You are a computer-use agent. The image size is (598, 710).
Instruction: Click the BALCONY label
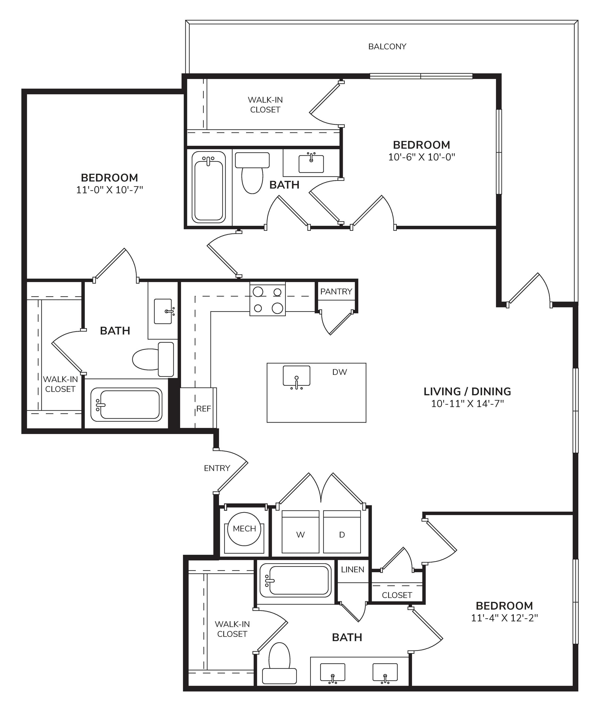[387, 46]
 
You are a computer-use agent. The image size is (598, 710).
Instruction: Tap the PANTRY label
[336, 292]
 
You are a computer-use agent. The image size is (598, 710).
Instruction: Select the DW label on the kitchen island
[339, 372]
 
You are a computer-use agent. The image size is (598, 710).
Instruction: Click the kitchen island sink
[297, 376]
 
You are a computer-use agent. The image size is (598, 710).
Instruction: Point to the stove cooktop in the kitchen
[268, 298]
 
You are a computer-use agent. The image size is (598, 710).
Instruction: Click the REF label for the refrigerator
[204, 409]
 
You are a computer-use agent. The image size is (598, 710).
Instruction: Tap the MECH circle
[244, 529]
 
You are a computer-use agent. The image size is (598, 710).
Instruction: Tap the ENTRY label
[217, 468]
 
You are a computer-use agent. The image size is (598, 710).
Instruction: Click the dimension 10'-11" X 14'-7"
[468, 404]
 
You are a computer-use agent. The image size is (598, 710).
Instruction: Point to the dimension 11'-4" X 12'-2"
[504, 618]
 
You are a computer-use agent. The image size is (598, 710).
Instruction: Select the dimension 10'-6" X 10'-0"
[421, 157]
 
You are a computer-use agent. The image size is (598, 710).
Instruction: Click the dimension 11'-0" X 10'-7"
[109, 190]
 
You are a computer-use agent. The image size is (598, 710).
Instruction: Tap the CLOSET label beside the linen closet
[397, 595]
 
